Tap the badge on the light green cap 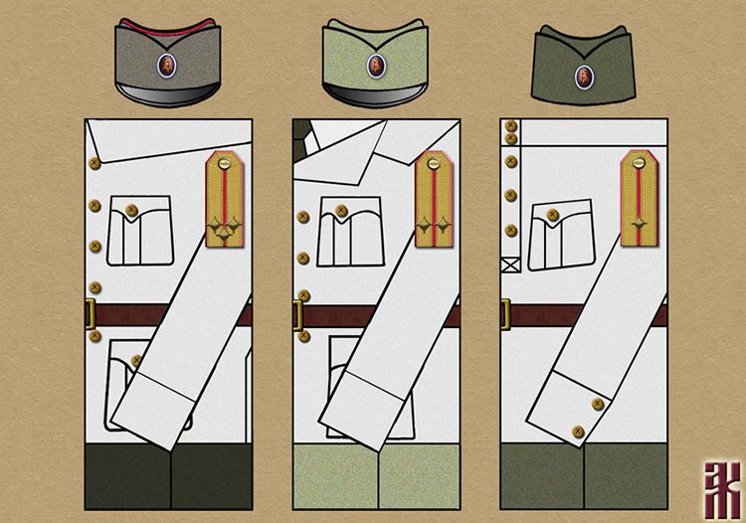pyautogui.click(x=375, y=66)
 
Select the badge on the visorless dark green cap pyautogui.click(x=583, y=74)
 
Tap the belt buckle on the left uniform pyautogui.click(x=90, y=315)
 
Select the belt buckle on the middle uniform pyautogui.click(x=297, y=315)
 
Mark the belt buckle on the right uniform pyautogui.click(x=505, y=315)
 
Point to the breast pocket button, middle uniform pyautogui.click(x=341, y=211)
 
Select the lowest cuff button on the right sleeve pyautogui.click(x=578, y=431)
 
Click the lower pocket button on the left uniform pyautogui.click(x=135, y=361)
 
